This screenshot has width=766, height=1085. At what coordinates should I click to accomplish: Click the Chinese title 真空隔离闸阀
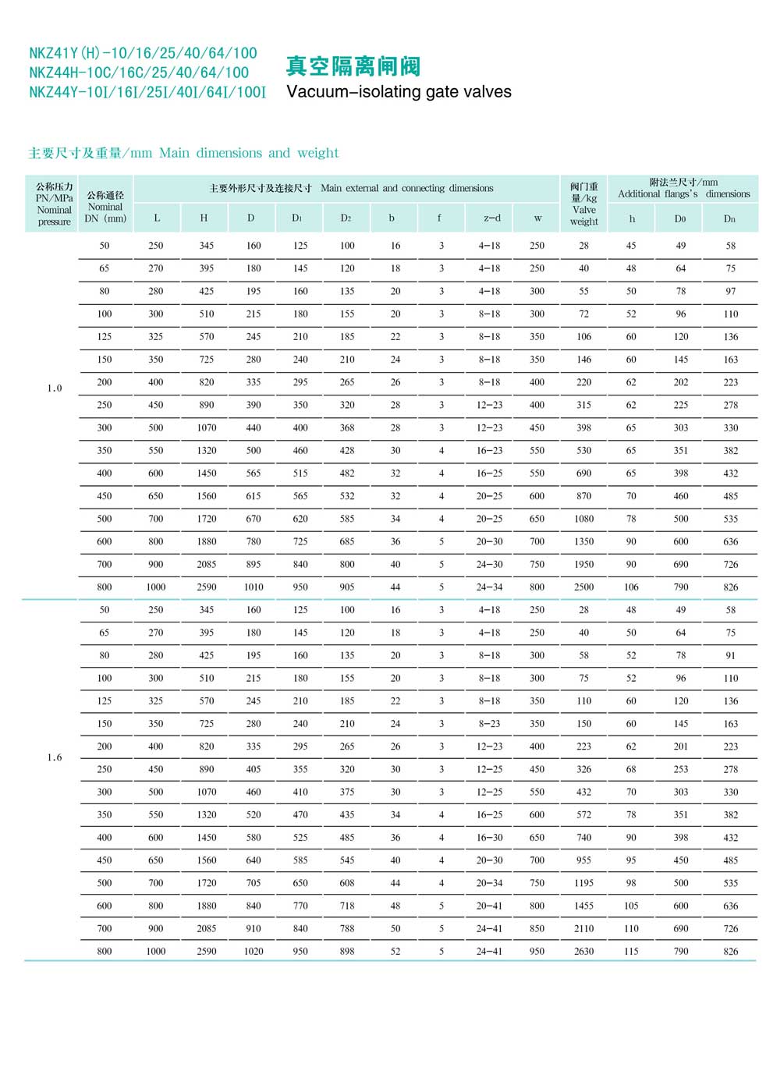point(353,66)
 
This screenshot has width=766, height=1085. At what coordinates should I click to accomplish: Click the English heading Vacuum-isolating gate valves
point(399,92)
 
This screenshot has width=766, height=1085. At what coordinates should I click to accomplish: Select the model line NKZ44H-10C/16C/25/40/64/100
point(139,73)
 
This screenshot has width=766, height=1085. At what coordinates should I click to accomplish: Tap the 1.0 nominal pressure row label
point(55,388)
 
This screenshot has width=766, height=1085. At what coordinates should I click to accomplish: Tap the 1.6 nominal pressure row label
point(55,757)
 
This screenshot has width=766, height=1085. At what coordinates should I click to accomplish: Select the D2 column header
point(346,218)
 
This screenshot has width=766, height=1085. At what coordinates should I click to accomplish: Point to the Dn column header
point(729,218)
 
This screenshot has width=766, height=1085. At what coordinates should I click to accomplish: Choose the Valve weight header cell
point(583,204)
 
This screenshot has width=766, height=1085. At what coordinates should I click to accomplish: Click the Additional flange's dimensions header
point(683,188)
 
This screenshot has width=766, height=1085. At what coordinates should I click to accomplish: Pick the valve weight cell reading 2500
point(583,587)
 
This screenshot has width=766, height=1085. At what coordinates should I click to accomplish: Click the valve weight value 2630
point(583,952)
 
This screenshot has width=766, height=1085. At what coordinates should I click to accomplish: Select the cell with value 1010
point(254,587)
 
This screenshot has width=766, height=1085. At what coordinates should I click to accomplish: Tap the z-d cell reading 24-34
point(489,587)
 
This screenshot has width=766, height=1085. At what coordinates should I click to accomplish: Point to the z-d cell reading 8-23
point(489,724)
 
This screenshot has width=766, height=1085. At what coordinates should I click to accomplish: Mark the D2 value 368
point(347,428)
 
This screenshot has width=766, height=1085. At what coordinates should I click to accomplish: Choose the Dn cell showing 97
point(730,292)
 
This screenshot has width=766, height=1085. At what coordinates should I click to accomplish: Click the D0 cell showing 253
point(681,769)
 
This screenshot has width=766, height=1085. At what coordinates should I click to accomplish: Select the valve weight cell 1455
point(583,906)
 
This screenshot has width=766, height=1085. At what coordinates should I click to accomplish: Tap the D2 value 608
point(347,884)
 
